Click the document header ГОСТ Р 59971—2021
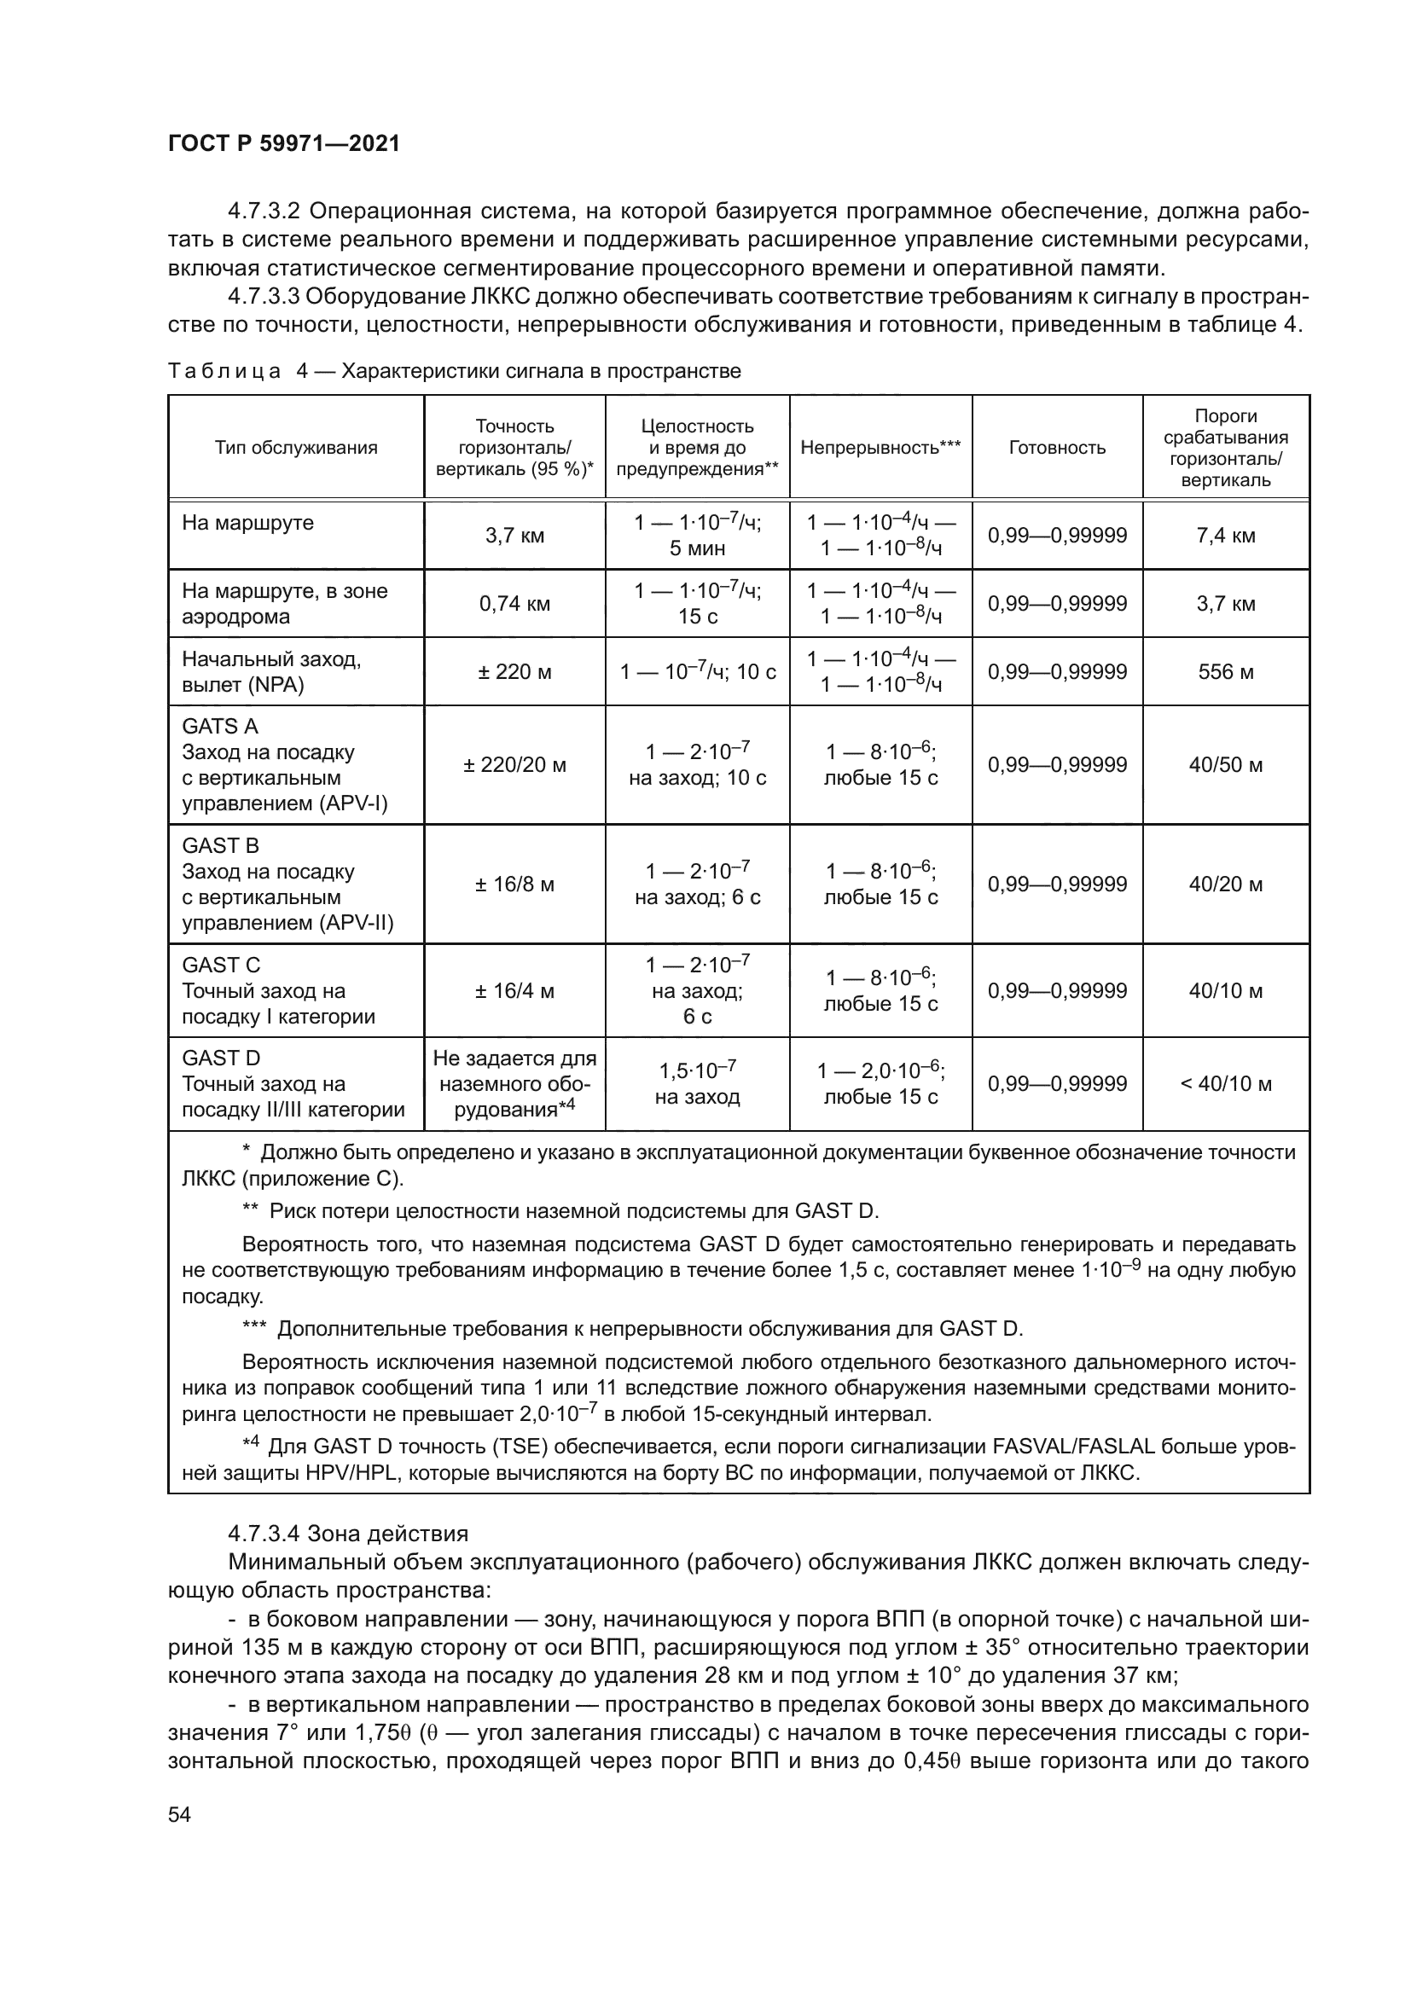(284, 144)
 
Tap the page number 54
(179, 1814)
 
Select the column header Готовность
(1056, 448)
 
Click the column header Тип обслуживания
(295, 448)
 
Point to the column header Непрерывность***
(880, 448)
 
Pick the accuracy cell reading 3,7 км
(514, 536)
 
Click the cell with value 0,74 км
(514, 603)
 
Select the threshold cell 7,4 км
(1225, 536)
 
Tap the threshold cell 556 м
(1225, 671)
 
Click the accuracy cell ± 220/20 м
(514, 764)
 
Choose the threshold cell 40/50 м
(1225, 764)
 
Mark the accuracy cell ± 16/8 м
(514, 884)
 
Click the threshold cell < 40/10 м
(1225, 1083)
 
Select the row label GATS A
(220, 727)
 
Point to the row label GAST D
(221, 1058)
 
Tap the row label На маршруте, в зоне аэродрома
(285, 603)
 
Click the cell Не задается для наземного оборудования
(514, 1083)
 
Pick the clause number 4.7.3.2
(264, 212)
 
